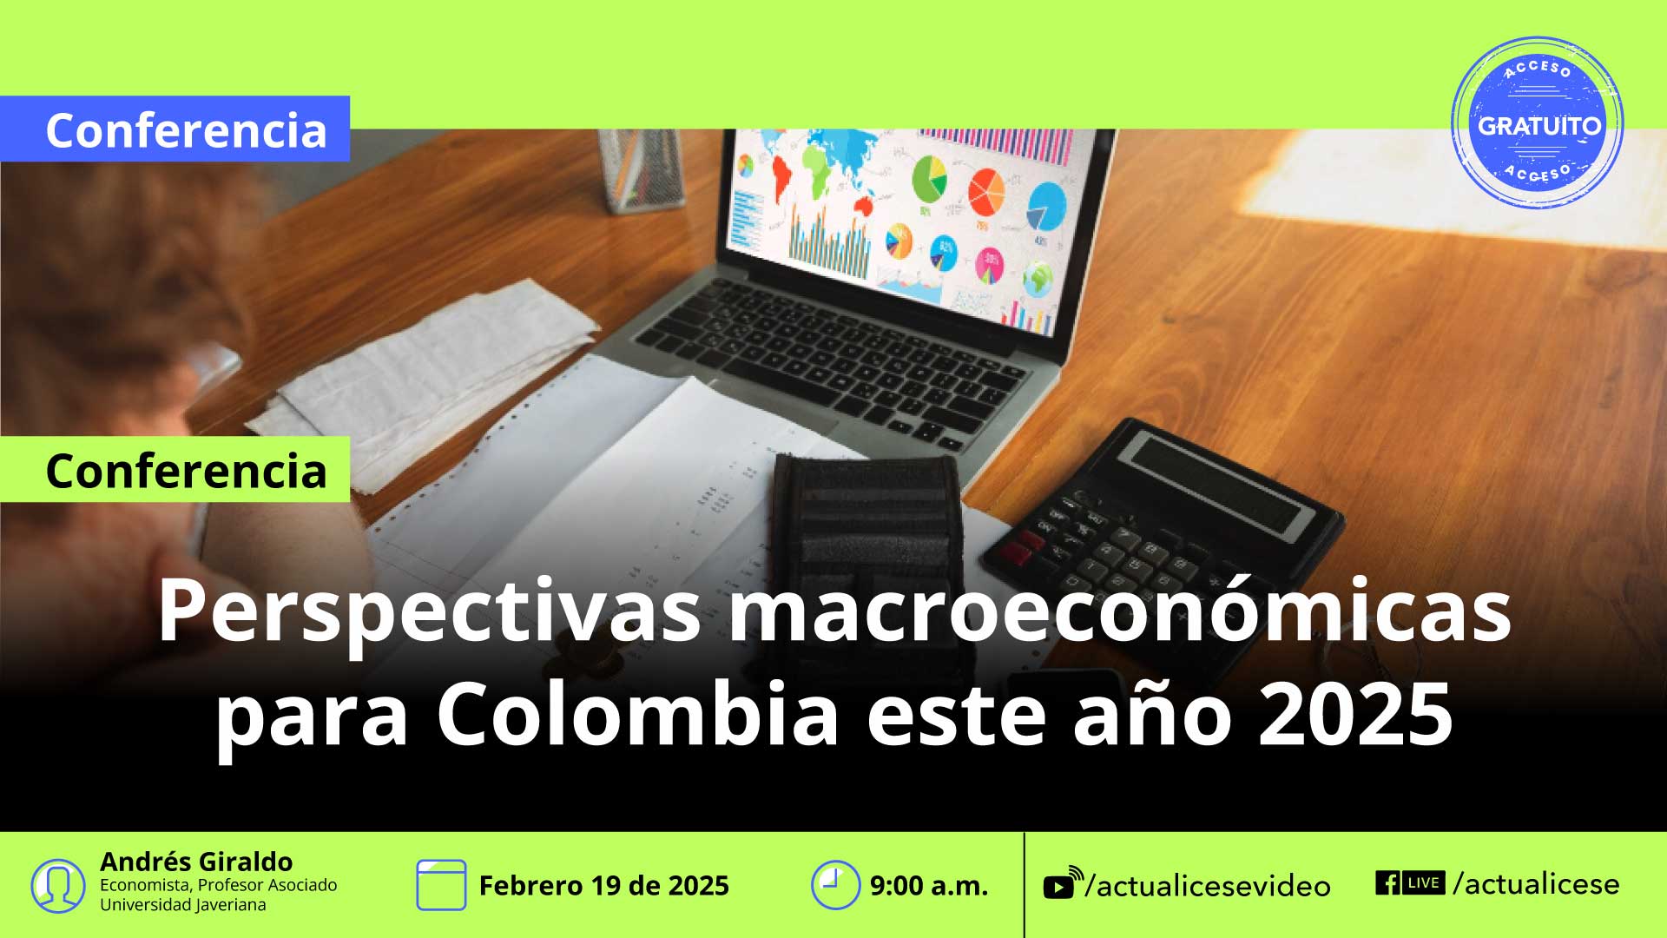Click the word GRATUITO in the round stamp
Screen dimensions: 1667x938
pos(1539,126)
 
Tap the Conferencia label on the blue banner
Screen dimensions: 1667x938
pos(186,130)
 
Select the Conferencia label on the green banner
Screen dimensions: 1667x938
pos(186,471)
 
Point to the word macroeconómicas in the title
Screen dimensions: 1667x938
pos(1120,610)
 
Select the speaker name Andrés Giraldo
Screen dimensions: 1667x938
pos(196,862)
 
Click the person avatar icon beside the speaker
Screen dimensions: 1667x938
pos(58,886)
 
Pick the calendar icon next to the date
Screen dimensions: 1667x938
pos(441,885)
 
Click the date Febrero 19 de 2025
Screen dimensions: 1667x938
pos(604,886)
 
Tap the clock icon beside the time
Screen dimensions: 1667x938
pos(835,885)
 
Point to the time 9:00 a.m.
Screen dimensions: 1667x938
pos(929,886)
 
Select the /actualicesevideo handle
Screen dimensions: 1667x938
pos(1209,886)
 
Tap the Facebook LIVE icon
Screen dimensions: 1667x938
pos(1410,882)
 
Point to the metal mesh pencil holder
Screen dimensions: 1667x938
pos(641,170)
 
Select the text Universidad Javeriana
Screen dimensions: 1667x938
pos(183,905)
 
